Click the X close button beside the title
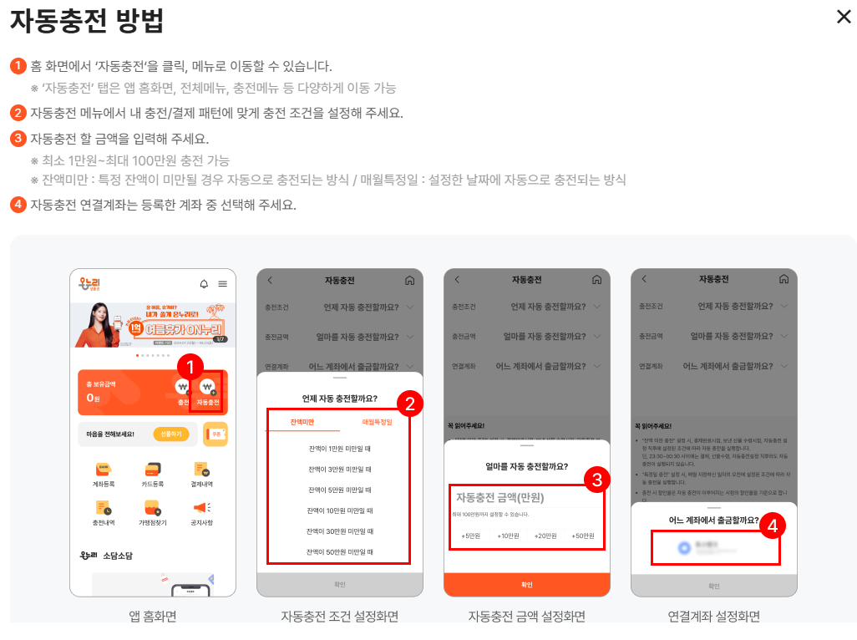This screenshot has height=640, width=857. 844,17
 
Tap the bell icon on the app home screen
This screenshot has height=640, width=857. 204,284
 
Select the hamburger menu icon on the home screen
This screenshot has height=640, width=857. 223,284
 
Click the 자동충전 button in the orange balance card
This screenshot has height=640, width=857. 208,392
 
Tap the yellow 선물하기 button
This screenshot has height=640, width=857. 171,434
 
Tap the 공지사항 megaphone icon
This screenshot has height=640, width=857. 202,510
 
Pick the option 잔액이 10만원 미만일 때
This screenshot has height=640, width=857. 339,510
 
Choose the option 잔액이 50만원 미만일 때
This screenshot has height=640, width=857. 339,551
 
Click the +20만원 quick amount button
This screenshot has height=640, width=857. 545,536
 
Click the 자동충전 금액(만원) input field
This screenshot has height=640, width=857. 526,497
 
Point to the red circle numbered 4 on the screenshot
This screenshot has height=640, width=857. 773,526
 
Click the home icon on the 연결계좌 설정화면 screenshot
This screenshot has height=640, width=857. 783,280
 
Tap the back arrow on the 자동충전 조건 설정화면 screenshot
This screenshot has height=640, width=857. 270,280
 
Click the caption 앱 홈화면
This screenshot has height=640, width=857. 153,617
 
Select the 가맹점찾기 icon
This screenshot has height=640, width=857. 151,510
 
